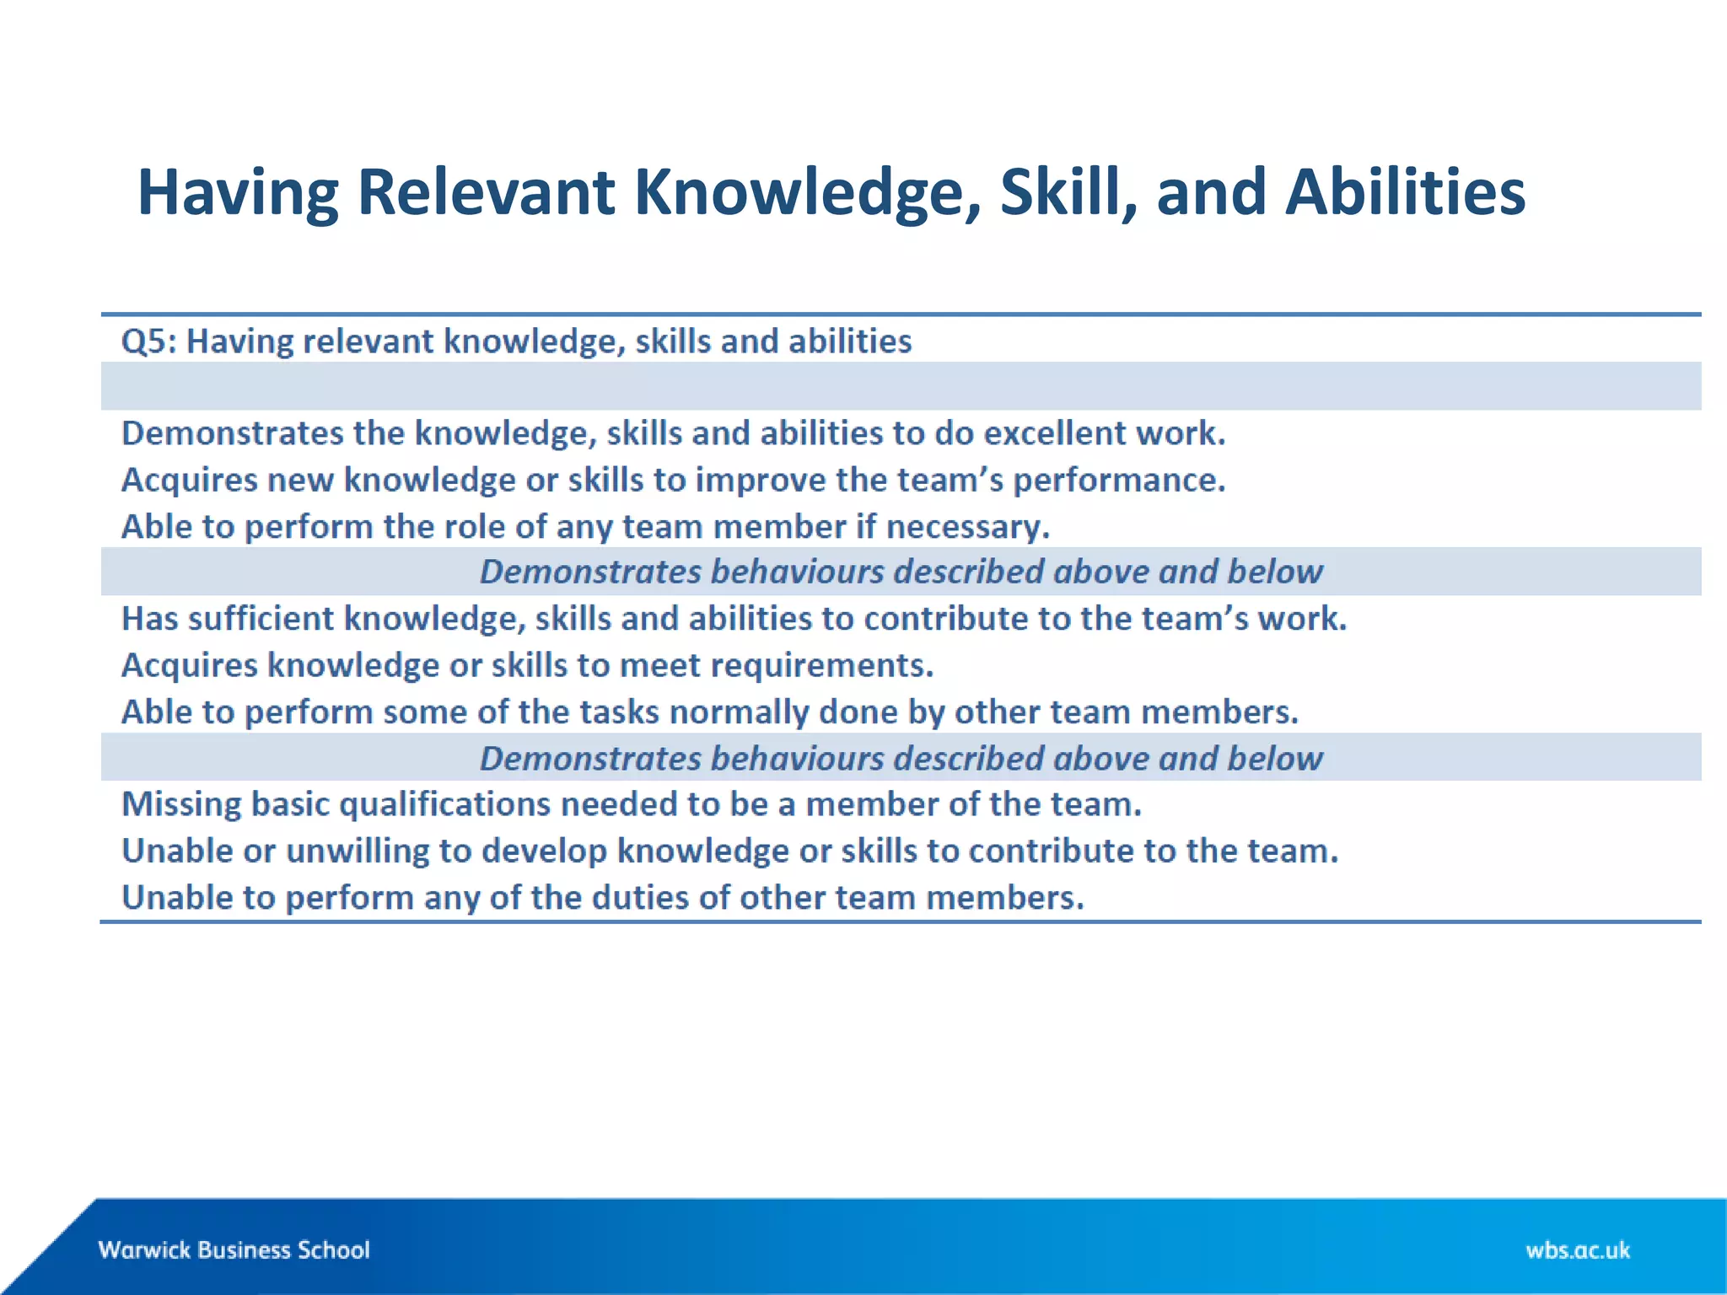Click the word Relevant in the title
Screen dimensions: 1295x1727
486,192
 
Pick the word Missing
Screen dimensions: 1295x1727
181,804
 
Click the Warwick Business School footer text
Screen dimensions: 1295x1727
234,1249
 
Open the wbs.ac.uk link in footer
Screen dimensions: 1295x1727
1577,1249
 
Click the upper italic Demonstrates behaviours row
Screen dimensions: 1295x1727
901,572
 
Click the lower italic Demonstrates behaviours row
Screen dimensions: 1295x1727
901,758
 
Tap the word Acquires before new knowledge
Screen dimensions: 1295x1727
189,481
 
